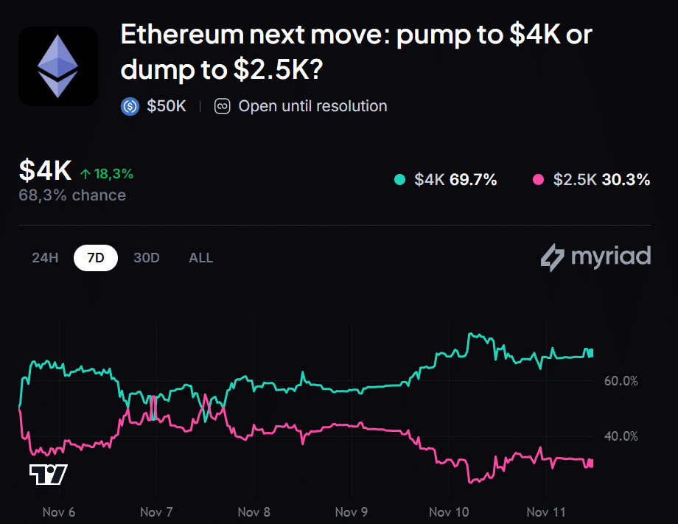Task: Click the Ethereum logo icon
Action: coord(58,66)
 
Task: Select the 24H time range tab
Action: coord(45,258)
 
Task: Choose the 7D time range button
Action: coord(96,258)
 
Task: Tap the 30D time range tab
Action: coord(147,258)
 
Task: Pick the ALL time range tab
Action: coord(200,258)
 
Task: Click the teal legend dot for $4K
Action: coord(400,179)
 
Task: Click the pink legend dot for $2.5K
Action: coord(538,179)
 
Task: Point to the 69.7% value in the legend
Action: coord(473,179)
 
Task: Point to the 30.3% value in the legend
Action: coord(626,179)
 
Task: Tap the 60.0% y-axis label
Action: coord(621,381)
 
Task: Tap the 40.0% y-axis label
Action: coord(621,436)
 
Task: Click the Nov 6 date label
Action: coord(59,511)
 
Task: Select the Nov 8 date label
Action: coord(254,511)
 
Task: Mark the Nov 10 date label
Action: coord(449,511)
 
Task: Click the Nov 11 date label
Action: coord(546,511)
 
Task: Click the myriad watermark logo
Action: coord(595,256)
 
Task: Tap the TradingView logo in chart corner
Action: coord(49,475)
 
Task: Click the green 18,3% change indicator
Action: coord(107,174)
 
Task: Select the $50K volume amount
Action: coord(167,106)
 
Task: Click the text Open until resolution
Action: coord(312,106)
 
